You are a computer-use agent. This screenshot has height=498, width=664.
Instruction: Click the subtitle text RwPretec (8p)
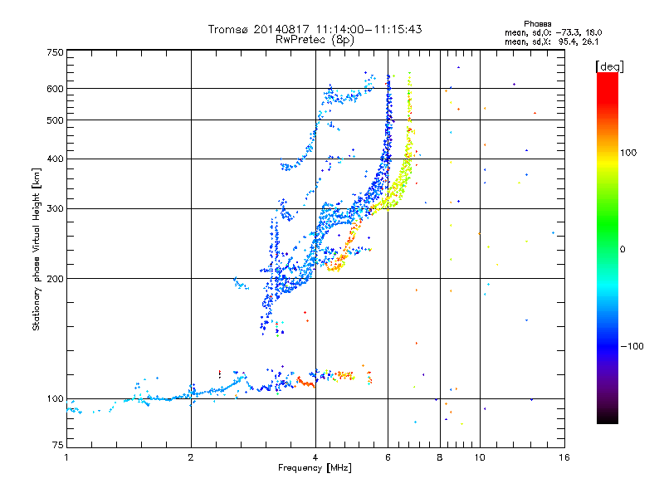[x=315, y=40]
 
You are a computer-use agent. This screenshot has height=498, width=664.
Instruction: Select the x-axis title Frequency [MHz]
[x=315, y=468]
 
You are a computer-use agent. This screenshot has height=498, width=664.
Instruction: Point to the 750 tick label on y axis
[x=56, y=52]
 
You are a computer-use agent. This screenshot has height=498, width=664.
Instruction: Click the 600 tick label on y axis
[x=56, y=89]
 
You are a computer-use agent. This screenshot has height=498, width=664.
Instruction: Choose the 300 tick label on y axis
[x=56, y=208]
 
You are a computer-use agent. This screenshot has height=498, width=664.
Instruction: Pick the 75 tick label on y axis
[x=58, y=445]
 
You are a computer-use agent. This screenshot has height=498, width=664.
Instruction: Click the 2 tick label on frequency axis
[x=191, y=457]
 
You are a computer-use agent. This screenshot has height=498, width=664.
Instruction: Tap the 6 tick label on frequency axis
[x=388, y=457]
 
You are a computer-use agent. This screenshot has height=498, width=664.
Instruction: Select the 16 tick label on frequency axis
[x=564, y=457]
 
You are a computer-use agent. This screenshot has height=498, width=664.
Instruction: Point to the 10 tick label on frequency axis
[x=480, y=457]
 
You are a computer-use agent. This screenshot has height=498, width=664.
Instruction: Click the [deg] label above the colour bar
[x=609, y=66]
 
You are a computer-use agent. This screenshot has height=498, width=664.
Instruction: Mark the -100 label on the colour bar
[x=632, y=346]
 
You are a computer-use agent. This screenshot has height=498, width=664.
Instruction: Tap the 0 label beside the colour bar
[x=622, y=249]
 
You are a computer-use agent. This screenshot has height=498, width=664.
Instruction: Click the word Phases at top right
[x=537, y=24]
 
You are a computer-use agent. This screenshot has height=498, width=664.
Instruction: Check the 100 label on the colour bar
[x=628, y=153]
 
